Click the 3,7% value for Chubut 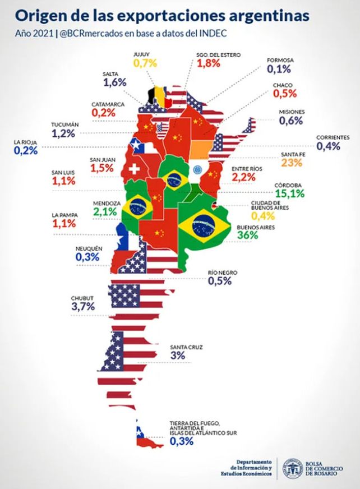(83, 306)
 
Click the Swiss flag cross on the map (135, 169)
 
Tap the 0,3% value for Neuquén (87, 257)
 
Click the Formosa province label (278, 59)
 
